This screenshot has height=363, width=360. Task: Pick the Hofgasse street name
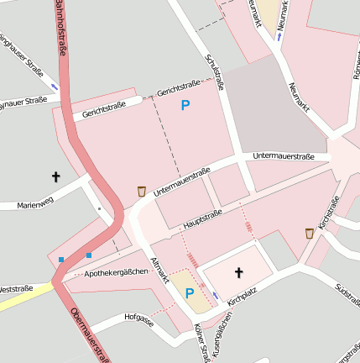tap(138, 319)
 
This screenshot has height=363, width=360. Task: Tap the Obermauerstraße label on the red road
tap(87, 336)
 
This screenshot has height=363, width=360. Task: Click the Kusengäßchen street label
tap(219, 344)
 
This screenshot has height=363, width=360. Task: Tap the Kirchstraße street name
tap(328, 213)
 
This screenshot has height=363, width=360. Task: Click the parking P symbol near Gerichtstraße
tap(185, 106)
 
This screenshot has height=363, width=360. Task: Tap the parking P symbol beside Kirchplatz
tap(189, 293)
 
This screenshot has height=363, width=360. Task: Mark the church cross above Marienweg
tap(56, 176)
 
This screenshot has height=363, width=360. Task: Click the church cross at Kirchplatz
tap(238, 272)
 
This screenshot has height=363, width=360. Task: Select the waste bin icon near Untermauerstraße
tap(141, 192)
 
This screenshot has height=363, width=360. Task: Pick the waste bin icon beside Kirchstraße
tap(310, 234)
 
